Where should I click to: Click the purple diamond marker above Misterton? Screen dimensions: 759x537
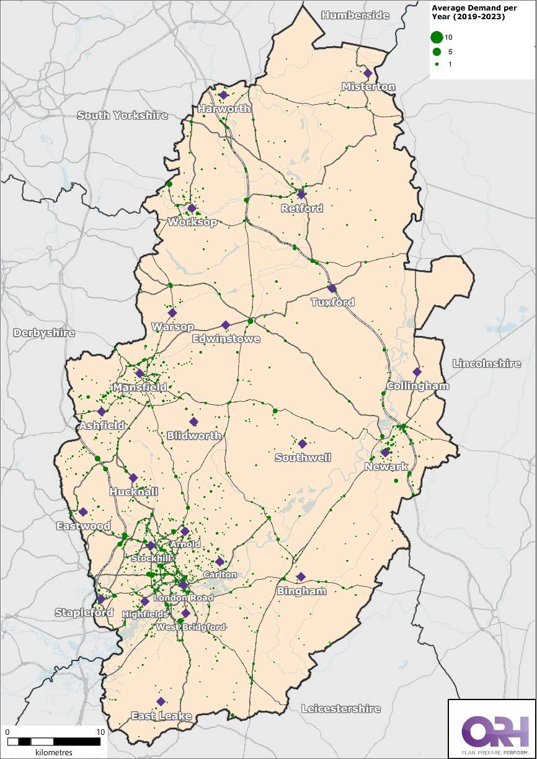point(368,73)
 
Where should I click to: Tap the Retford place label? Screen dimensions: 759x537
point(302,208)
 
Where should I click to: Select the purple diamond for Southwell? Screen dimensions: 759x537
point(303,444)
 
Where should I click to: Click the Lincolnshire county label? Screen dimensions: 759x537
point(487,363)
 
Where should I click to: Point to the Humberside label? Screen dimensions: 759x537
point(355,16)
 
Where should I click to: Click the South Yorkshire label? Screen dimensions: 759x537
point(123,115)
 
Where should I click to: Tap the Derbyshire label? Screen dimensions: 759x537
point(44,333)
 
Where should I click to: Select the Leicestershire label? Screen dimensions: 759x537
point(340,708)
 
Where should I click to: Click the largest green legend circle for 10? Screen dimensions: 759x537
point(437,38)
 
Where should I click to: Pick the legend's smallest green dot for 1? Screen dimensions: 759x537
point(437,64)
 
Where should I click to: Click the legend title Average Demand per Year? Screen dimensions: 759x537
point(467,12)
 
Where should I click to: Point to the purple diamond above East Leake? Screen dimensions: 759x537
point(161,701)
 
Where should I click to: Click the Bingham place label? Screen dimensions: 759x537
point(301,591)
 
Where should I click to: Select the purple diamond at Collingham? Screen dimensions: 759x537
point(417,372)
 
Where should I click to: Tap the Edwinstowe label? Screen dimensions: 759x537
point(226,339)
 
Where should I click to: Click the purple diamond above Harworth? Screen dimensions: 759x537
point(223,95)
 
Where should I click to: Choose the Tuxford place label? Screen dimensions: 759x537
point(333,302)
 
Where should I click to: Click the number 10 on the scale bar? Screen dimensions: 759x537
point(100,732)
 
